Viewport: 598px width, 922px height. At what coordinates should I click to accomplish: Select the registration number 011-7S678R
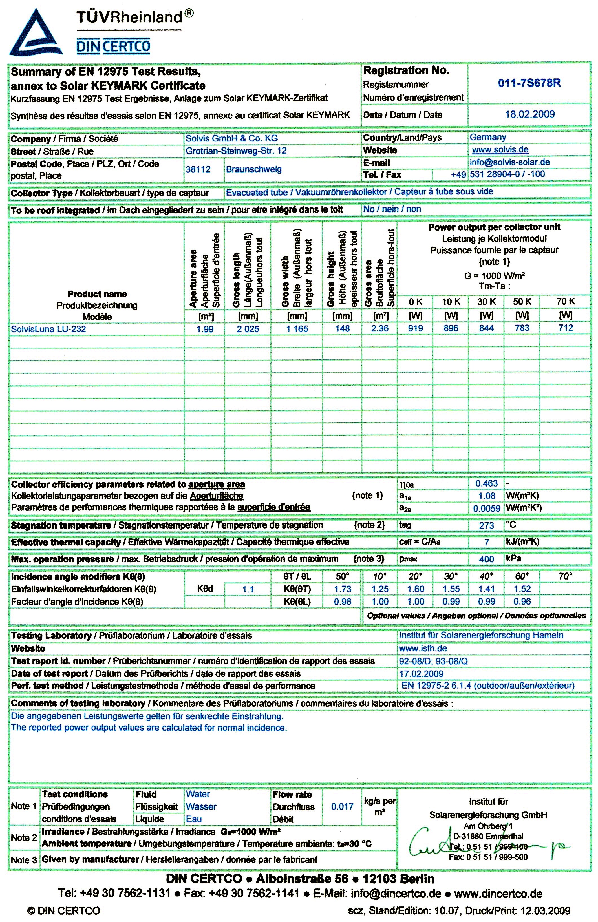pos(529,83)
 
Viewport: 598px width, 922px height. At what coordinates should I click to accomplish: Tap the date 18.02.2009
pos(529,114)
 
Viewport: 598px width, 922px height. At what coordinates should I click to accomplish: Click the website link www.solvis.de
pos(500,150)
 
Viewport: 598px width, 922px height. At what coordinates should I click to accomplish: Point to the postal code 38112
pos(198,169)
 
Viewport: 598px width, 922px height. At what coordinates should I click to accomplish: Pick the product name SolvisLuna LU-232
pos(48,329)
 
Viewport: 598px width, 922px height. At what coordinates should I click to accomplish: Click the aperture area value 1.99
pos(205,329)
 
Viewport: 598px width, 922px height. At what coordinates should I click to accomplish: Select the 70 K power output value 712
pos(566,328)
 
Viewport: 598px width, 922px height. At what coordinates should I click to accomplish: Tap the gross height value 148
pos(342,328)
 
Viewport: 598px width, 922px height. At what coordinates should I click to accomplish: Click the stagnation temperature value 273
pos(486,525)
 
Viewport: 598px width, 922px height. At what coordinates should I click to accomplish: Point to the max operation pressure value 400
pos(486,559)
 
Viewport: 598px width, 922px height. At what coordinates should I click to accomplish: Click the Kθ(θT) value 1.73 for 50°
pos(343,589)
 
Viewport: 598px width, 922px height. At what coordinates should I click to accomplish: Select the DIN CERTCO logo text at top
pos(113,47)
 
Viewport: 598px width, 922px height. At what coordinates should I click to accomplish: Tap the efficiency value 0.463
pos(486,483)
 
